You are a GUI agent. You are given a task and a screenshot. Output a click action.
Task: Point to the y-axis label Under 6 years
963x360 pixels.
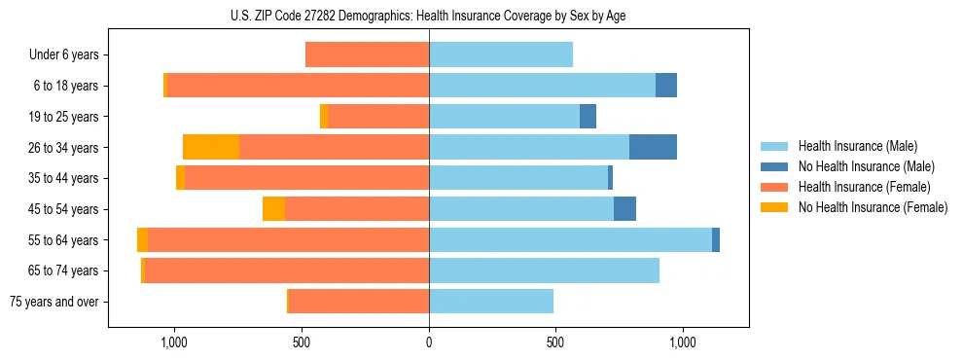tap(64, 55)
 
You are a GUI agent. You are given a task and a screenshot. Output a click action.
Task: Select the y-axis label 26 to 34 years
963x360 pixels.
tap(63, 148)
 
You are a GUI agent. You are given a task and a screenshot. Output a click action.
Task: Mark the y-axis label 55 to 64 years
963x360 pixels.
tap(63, 240)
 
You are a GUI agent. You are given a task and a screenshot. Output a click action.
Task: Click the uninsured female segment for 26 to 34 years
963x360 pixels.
tap(211, 147)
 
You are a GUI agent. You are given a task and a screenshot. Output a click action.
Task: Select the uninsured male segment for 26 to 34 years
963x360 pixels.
tap(653, 147)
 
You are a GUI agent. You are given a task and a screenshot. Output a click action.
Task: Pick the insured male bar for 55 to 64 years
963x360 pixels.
tap(570, 239)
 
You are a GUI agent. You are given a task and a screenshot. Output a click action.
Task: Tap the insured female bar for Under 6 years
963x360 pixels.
tap(367, 54)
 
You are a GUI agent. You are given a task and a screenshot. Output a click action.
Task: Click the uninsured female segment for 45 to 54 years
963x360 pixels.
tap(273, 209)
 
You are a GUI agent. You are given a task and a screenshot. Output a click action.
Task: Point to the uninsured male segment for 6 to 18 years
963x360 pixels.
tap(666, 86)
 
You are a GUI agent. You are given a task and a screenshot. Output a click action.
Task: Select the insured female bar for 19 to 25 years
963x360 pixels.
tap(378, 117)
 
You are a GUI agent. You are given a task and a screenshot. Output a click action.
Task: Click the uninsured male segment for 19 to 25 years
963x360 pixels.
tap(588, 117)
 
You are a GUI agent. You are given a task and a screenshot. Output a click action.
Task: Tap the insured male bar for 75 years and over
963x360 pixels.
tap(491, 302)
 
